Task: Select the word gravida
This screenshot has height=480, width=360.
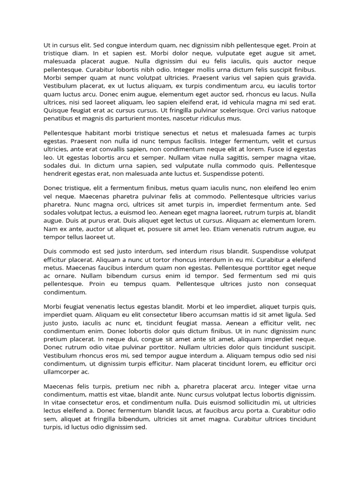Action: click(x=304, y=78)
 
